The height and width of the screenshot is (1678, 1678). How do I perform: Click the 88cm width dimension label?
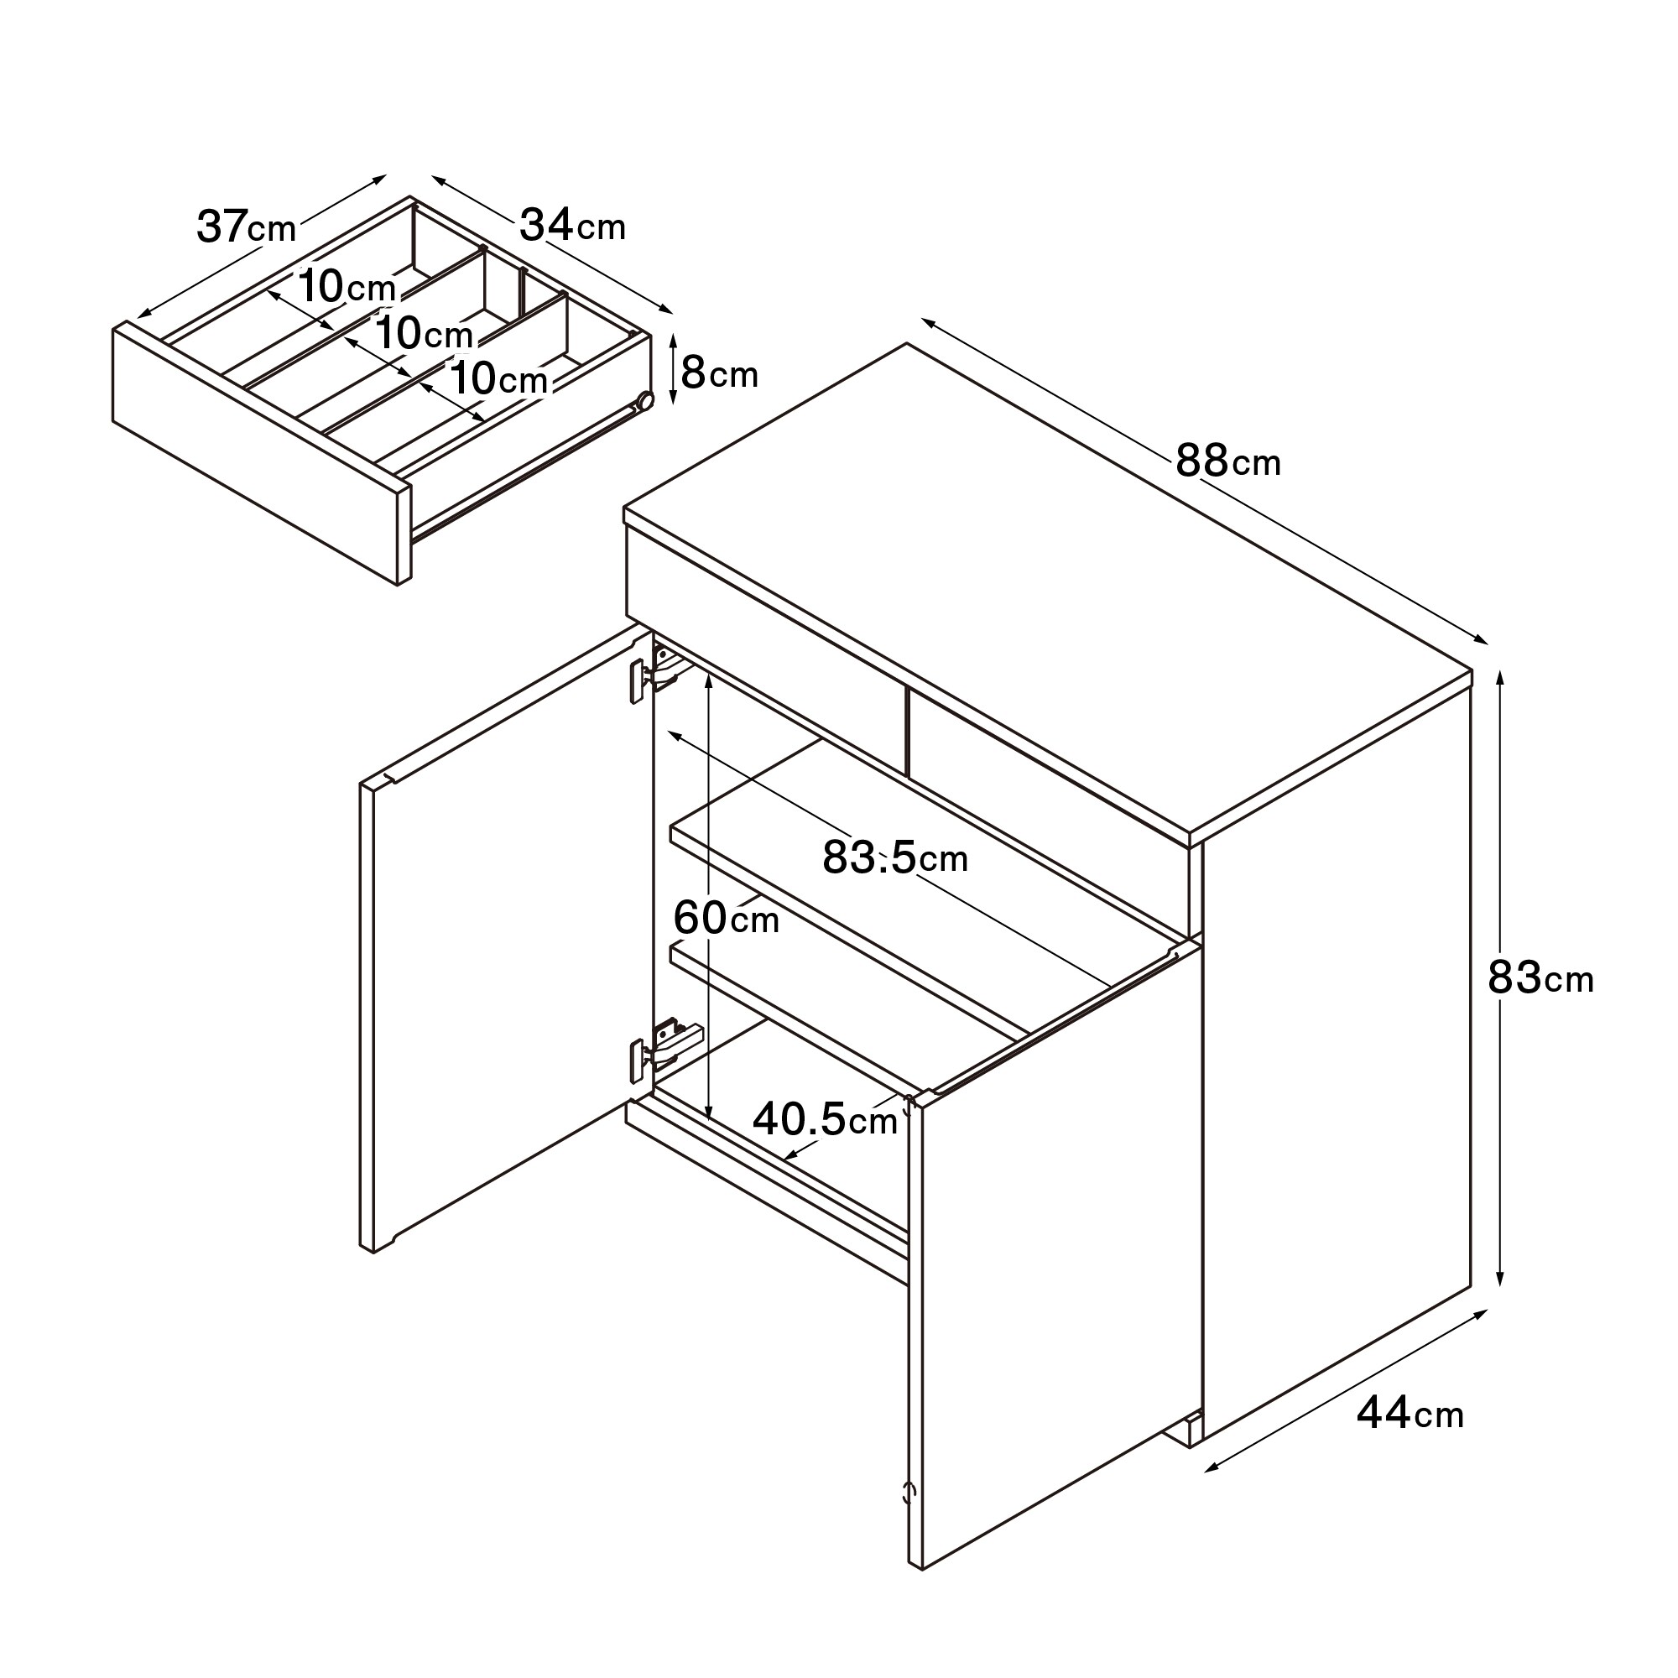pos(1228,461)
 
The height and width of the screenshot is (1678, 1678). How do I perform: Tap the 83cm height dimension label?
pos(1540,979)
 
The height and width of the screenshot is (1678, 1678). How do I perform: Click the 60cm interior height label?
pos(726,918)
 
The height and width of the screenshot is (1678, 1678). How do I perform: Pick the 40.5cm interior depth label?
pos(825,1120)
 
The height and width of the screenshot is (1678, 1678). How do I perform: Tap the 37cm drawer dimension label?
pos(247,227)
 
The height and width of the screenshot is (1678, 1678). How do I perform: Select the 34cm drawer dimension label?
pos(572,226)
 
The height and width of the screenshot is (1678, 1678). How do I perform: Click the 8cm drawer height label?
pos(719,373)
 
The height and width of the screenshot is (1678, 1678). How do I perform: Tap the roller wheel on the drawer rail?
pos(644,400)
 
